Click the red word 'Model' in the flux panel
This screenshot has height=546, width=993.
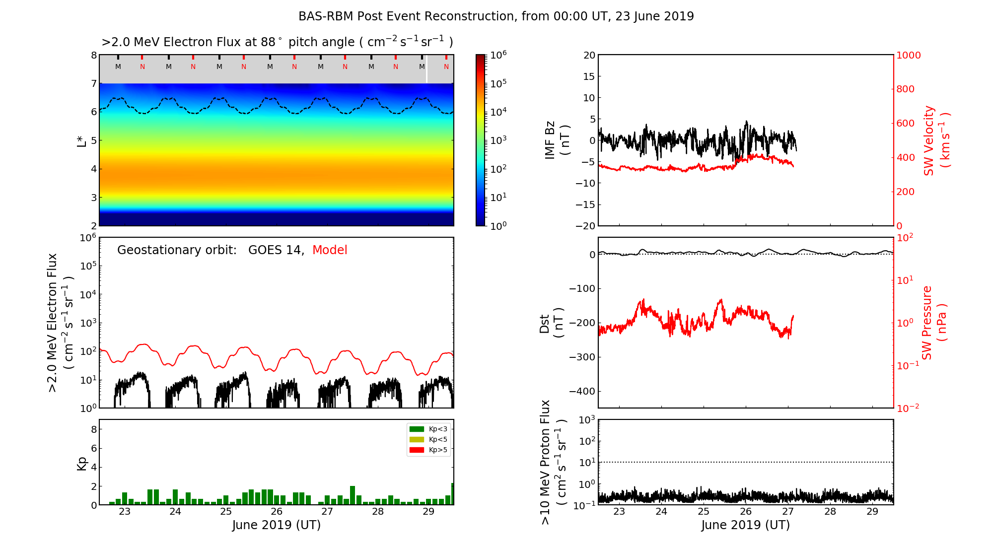(330, 250)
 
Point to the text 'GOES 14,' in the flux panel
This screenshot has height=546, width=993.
(276, 250)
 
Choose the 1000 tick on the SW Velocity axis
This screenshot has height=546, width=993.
(908, 56)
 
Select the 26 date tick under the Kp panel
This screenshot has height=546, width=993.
(277, 512)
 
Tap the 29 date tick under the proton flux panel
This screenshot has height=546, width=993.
(872, 512)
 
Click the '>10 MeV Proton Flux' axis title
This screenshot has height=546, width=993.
(553, 462)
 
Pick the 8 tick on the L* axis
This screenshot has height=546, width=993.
(93, 55)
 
